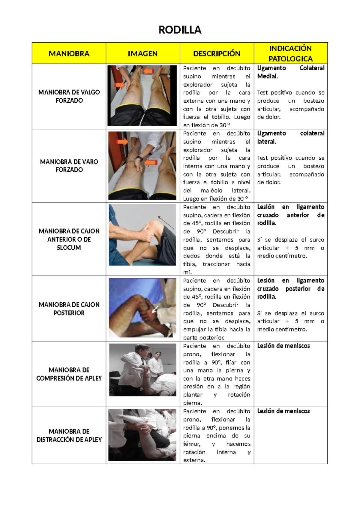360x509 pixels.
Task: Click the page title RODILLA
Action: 180,30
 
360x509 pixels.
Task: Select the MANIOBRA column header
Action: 69,53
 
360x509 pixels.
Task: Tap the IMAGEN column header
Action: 142,53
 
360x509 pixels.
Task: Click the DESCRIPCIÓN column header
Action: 217,53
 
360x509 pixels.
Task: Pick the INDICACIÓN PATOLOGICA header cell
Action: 290,53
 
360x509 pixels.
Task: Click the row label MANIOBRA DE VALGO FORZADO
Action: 69,96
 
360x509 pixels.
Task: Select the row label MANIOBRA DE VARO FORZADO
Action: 69,166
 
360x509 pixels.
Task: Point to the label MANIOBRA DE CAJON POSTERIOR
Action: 69,309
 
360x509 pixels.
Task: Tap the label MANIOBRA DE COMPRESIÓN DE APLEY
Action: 69,374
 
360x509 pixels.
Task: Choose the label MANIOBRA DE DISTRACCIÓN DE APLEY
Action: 69,435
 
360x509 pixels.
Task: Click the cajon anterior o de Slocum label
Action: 69,239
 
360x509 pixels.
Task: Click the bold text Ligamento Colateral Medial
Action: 290,72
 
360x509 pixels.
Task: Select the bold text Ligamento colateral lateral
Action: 290,137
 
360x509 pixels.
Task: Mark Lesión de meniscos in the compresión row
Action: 283,346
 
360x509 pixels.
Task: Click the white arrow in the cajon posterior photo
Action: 155,309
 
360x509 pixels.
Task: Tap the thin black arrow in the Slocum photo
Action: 166,222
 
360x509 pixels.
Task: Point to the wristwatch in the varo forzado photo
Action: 139,158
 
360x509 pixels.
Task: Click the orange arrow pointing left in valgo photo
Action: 148,71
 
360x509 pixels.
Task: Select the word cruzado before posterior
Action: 268,288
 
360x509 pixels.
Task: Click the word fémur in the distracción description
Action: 191,444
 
